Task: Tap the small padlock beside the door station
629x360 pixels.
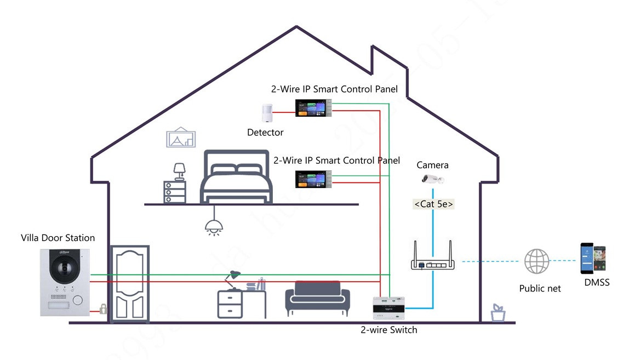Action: click(103, 310)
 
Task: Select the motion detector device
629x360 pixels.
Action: click(267, 112)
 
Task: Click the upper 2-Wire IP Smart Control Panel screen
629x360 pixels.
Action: click(312, 107)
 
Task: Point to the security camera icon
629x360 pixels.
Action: click(432, 179)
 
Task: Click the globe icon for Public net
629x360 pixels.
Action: click(536, 261)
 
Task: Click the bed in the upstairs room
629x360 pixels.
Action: click(237, 177)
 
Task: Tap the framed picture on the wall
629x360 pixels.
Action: click(181, 138)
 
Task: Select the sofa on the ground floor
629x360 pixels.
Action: click(317, 299)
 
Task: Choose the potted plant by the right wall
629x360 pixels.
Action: click(498, 313)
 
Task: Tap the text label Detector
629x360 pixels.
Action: click(265, 133)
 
